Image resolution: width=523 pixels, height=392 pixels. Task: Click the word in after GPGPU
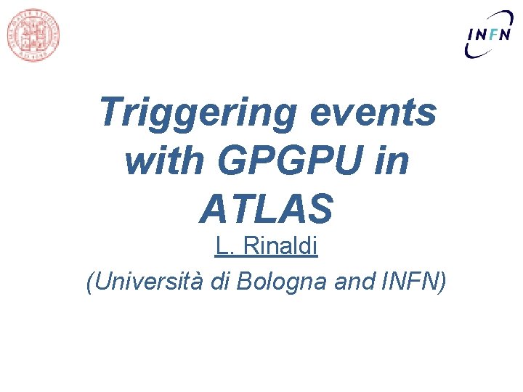click(392, 162)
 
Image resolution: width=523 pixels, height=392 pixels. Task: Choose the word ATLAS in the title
click(266, 209)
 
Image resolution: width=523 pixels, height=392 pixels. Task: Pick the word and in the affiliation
click(353, 281)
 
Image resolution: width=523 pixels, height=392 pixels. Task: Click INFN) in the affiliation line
click(411, 281)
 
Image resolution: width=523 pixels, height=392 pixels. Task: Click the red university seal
click(33, 34)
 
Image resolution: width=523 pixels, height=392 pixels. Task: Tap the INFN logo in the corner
click(489, 33)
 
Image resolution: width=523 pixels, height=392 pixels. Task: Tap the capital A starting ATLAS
click(214, 209)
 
